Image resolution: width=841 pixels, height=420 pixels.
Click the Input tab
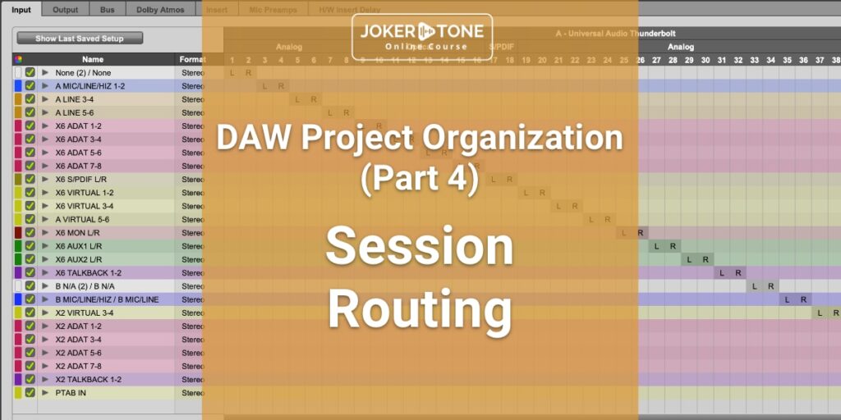coord(22,10)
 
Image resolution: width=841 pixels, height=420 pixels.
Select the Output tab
coord(66,10)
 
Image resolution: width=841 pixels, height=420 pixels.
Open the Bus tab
coord(108,10)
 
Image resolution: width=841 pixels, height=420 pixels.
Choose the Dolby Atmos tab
coord(160,10)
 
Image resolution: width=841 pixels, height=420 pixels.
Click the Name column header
coord(93,59)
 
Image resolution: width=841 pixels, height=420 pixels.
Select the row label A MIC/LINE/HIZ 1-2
coord(90,86)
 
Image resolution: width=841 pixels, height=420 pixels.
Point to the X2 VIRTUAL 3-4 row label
coord(85,313)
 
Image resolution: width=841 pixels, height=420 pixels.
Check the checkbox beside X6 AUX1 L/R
coord(30,246)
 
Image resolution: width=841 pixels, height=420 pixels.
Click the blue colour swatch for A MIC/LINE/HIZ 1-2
coord(18,86)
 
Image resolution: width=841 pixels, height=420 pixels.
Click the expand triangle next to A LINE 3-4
coord(45,99)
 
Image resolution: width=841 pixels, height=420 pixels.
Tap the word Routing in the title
coord(420,309)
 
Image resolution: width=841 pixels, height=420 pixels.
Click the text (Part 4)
coord(420,179)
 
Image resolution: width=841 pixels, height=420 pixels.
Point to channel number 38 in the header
coord(835,60)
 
